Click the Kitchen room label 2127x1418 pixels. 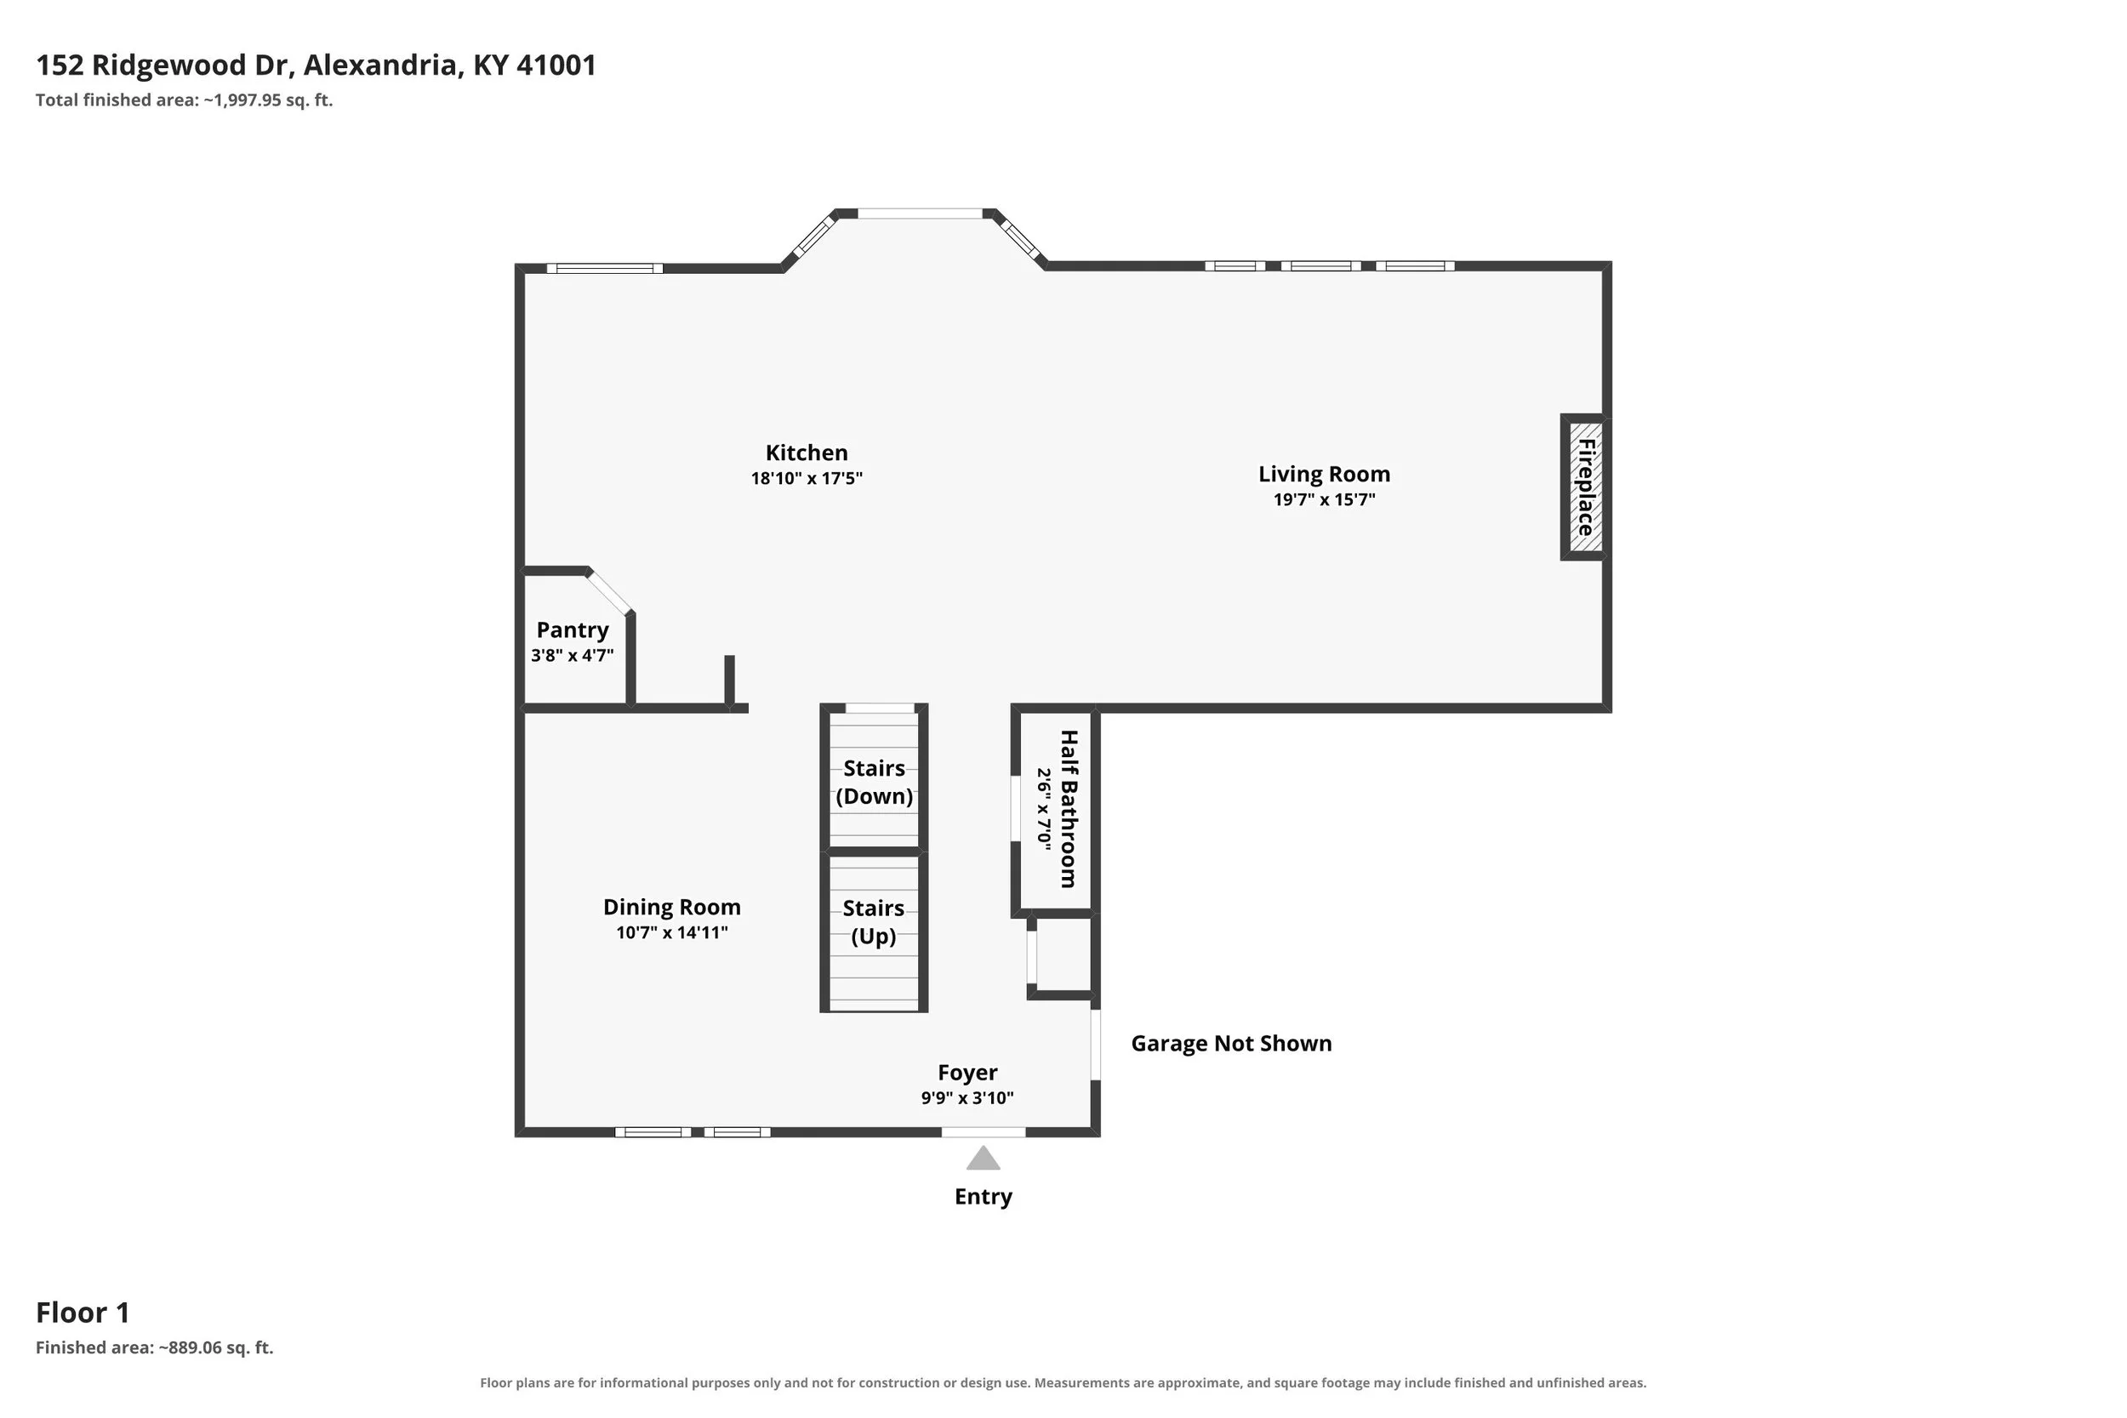(807, 453)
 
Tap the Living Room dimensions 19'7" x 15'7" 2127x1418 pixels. (1324, 499)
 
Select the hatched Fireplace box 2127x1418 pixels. (1585, 487)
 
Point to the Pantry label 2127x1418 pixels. (573, 629)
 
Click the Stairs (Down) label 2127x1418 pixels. (875, 783)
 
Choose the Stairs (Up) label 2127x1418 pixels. (874, 921)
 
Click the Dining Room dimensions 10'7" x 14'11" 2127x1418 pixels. (672, 932)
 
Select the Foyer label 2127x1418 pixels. (967, 1073)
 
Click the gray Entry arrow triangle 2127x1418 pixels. (983, 1159)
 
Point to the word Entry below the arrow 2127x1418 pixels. (983, 1197)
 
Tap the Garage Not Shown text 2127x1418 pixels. (1232, 1044)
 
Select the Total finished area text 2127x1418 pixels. (185, 100)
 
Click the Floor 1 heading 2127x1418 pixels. (83, 1313)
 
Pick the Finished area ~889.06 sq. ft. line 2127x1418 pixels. (155, 1347)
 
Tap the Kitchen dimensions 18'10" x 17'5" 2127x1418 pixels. (807, 478)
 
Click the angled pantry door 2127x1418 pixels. (608, 593)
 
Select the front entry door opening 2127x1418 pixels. (983, 1132)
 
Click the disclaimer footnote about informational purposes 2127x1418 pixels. (1063, 1383)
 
